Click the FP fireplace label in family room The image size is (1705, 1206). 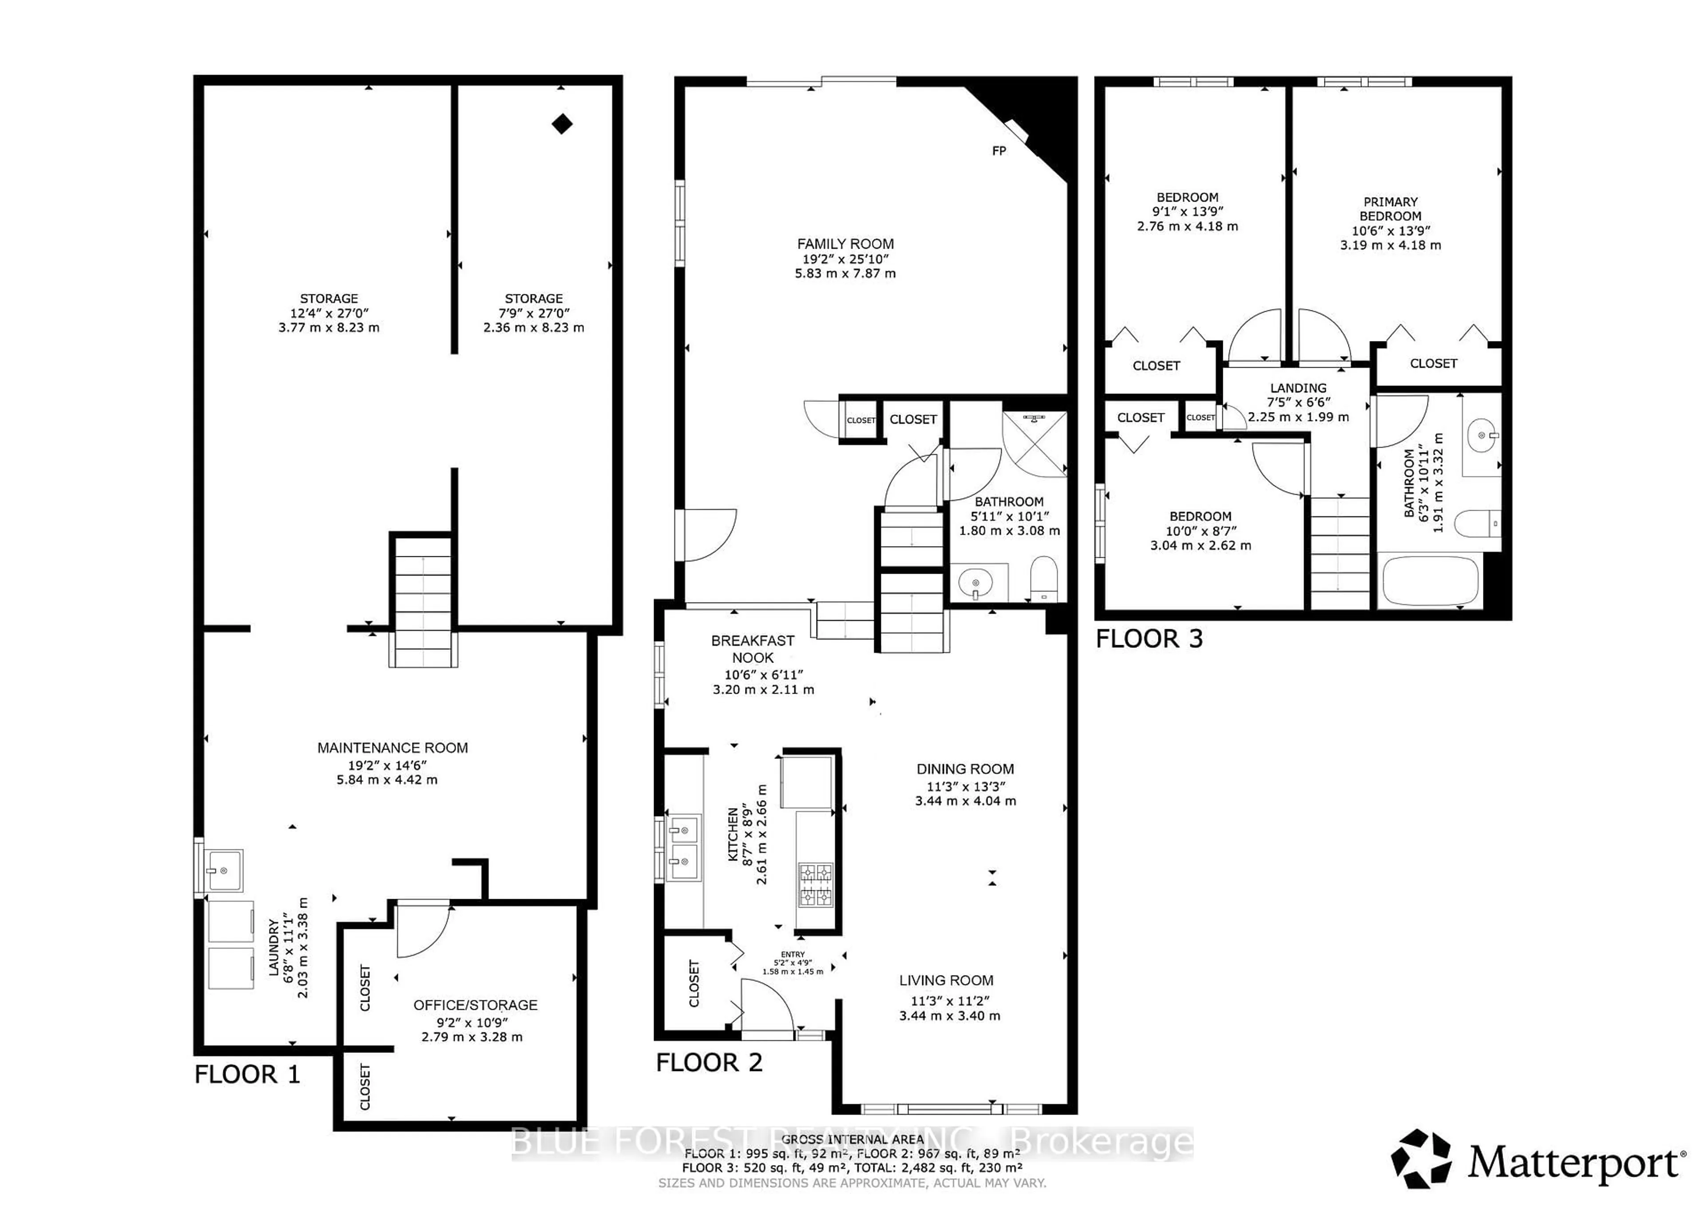[x=999, y=151]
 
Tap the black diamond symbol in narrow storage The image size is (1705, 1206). [x=562, y=124]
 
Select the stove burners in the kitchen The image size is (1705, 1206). [x=815, y=885]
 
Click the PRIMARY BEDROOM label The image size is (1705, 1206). [x=1390, y=209]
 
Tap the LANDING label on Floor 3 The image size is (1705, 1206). [x=1298, y=388]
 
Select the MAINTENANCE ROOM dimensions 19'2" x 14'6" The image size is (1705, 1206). [x=387, y=765]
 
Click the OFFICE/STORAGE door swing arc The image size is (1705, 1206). [x=423, y=930]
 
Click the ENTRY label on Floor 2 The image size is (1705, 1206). [x=793, y=954]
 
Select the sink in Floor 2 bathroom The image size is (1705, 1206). [x=975, y=582]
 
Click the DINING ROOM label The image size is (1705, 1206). [x=965, y=770]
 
